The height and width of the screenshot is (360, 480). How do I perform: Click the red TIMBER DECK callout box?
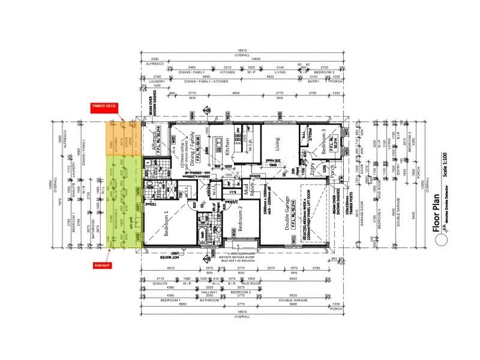104,106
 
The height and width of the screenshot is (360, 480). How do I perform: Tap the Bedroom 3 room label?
325,143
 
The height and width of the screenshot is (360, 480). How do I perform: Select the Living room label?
277,145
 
